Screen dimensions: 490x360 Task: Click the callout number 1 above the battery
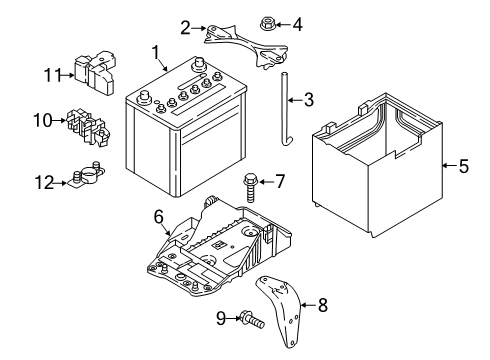coord(156,53)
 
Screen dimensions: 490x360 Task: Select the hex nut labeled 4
coord(266,24)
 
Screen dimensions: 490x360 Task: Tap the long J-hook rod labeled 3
coord(285,108)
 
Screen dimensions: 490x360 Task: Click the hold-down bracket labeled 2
coord(246,45)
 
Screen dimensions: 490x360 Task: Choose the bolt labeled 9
coord(252,319)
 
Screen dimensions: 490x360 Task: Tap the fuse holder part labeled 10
coord(88,127)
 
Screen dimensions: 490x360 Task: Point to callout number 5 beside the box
coord(464,166)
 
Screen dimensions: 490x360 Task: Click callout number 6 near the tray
coord(159,217)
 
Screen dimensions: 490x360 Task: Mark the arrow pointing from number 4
coord(283,24)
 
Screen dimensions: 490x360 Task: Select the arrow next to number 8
coord(309,305)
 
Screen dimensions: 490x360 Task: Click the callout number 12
coord(44,183)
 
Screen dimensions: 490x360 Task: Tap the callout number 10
coord(43,120)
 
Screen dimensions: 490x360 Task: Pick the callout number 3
coord(308,99)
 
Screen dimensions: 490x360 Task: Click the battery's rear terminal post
coord(198,64)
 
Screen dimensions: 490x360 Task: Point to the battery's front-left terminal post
coord(144,97)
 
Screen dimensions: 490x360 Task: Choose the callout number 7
coord(279,182)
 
